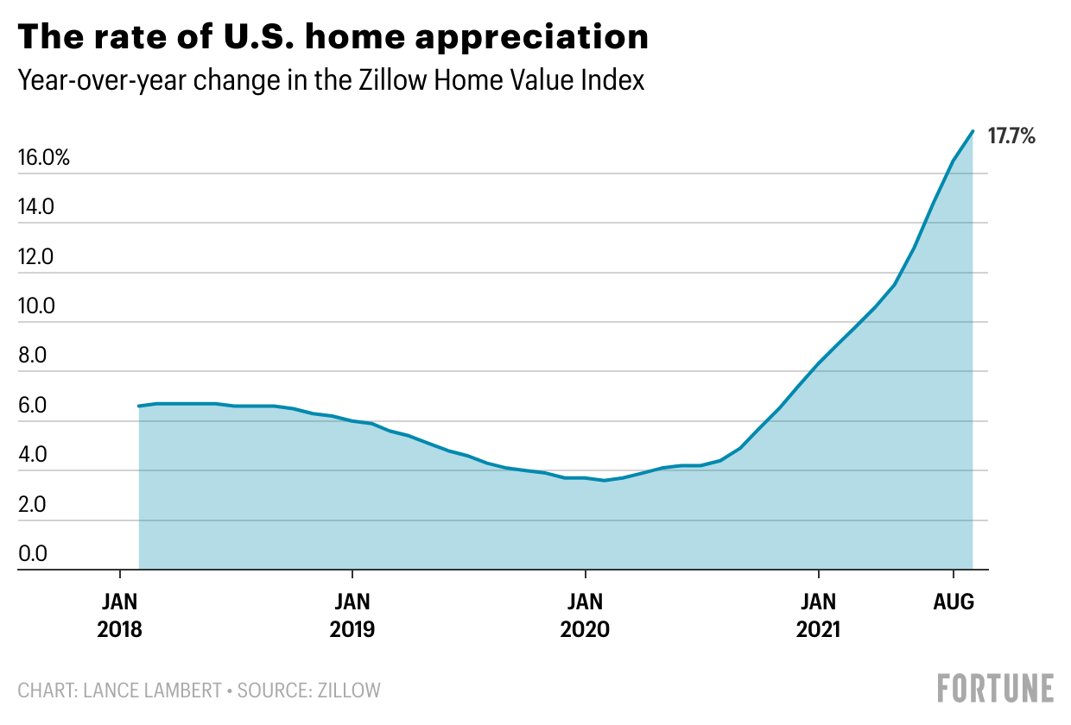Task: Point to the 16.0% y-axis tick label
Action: click(42, 159)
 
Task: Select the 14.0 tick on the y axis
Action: click(36, 208)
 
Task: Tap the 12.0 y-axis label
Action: click(36, 257)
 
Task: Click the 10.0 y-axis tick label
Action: click(36, 307)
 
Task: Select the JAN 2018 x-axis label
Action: click(119, 614)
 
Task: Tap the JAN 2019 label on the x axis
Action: click(352, 614)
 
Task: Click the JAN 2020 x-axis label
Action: click(586, 614)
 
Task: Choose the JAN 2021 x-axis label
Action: click(818, 614)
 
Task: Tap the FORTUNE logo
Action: click(996, 688)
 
